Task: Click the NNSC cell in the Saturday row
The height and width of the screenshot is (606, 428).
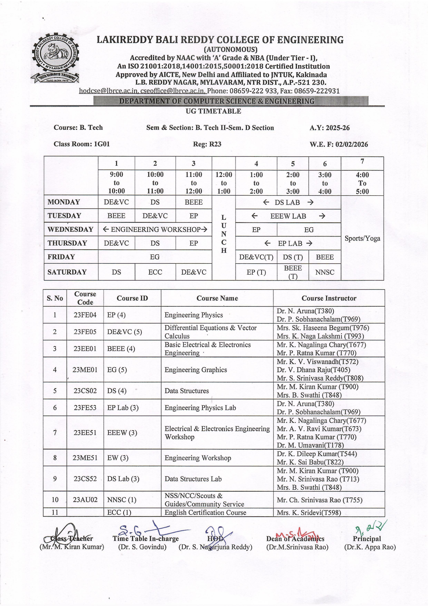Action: tap(324, 272)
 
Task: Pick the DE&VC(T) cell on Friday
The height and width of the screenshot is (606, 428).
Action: tap(256, 257)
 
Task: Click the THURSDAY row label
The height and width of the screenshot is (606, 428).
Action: tap(67, 243)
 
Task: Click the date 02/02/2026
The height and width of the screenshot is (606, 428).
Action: tap(352, 144)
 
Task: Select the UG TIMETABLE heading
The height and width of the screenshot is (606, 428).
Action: tap(213, 111)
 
